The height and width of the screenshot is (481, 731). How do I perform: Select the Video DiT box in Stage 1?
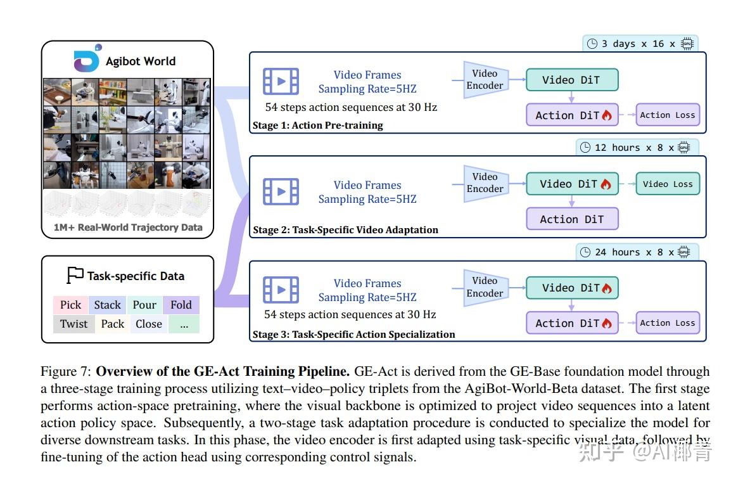(571, 80)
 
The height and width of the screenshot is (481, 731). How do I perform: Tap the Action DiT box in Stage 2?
(571, 219)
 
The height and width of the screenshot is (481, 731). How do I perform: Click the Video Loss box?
(668, 184)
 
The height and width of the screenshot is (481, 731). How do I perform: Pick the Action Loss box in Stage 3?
(668, 323)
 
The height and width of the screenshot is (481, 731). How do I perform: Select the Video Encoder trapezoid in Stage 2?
(485, 183)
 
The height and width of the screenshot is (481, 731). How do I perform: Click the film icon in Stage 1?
(281, 81)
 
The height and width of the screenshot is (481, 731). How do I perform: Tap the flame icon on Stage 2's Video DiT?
(606, 184)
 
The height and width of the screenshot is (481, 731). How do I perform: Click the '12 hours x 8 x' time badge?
(637, 148)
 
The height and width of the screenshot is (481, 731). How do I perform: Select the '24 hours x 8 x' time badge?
(637, 252)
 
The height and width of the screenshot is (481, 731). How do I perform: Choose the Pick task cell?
(70, 305)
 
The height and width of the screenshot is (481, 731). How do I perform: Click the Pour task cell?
(144, 305)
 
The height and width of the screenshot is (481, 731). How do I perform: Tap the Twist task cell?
(73, 324)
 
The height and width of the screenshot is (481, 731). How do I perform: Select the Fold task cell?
(181, 305)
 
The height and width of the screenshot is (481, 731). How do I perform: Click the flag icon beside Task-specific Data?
(75, 276)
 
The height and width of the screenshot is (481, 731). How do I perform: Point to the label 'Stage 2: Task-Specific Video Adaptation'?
(345, 229)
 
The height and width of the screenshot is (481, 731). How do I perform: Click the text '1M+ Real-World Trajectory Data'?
(128, 227)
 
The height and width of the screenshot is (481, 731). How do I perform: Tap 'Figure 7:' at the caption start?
(66, 371)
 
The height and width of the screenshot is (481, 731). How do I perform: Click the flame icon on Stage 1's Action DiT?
(606, 115)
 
